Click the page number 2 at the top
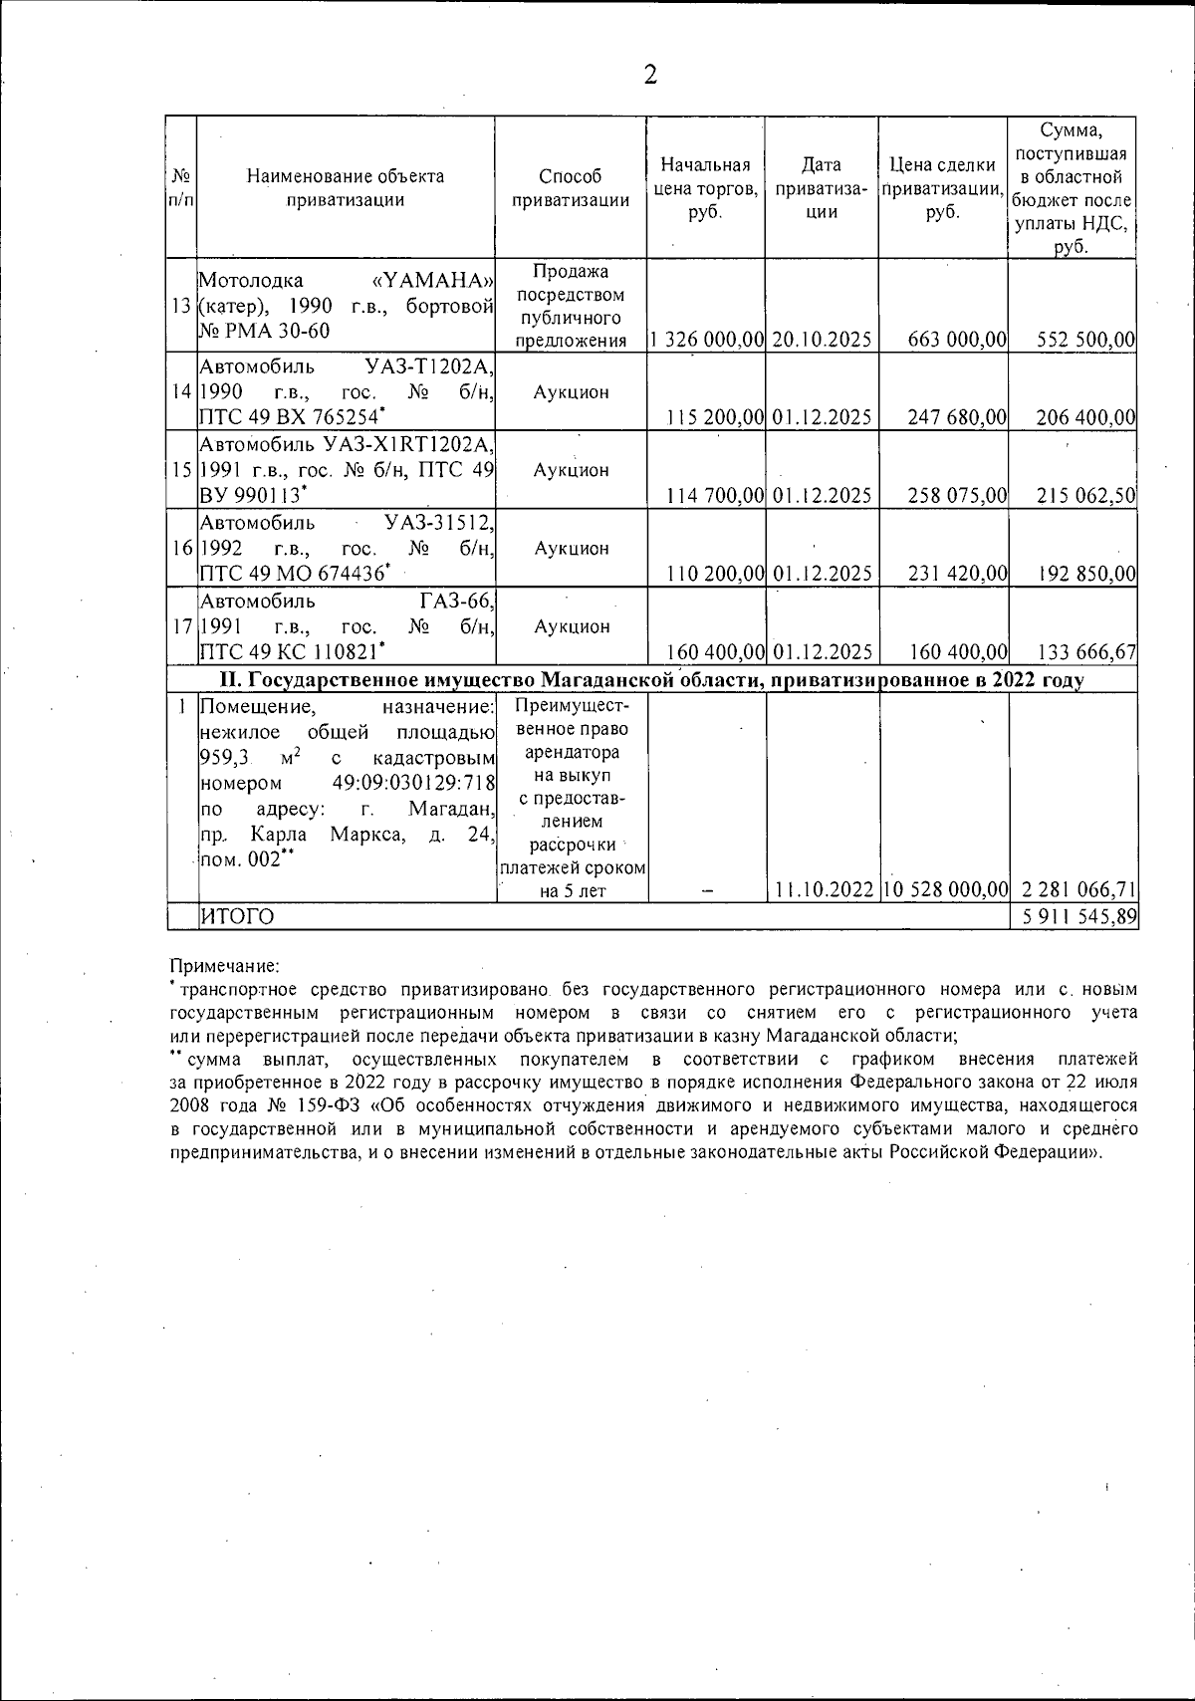click(x=650, y=75)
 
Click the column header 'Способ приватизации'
click(x=571, y=188)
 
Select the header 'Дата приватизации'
click(x=822, y=188)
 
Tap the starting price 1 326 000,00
click(x=706, y=340)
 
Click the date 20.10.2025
click(x=822, y=340)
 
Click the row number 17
click(x=182, y=626)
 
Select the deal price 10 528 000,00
click(x=945, y=889)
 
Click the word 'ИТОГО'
click(x=237, y=916)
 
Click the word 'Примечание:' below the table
click(x=225, y=966)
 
